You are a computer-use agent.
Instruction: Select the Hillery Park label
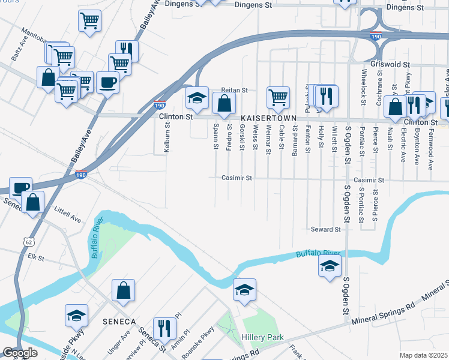click(x=262, y=338)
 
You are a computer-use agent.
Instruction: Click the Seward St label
click(x=325, y=229)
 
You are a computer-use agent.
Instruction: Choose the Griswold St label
click(x=390, y=64)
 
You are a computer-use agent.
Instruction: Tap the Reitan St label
click(x=234, y=90)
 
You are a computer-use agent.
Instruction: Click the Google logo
click(x=20, y=353)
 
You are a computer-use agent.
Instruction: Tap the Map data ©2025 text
click(x=423, y=355)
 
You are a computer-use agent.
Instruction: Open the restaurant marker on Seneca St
click(x=162, y=328)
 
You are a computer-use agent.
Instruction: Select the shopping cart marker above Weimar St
click(x=278, y=96)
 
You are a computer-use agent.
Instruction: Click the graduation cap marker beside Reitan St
click(x=196, y=96)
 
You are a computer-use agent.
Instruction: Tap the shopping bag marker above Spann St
click(x=224, y=103)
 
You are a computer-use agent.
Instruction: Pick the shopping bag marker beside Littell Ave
click(x=33, y=202)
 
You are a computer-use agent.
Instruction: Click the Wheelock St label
click(x=364, y=83)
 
